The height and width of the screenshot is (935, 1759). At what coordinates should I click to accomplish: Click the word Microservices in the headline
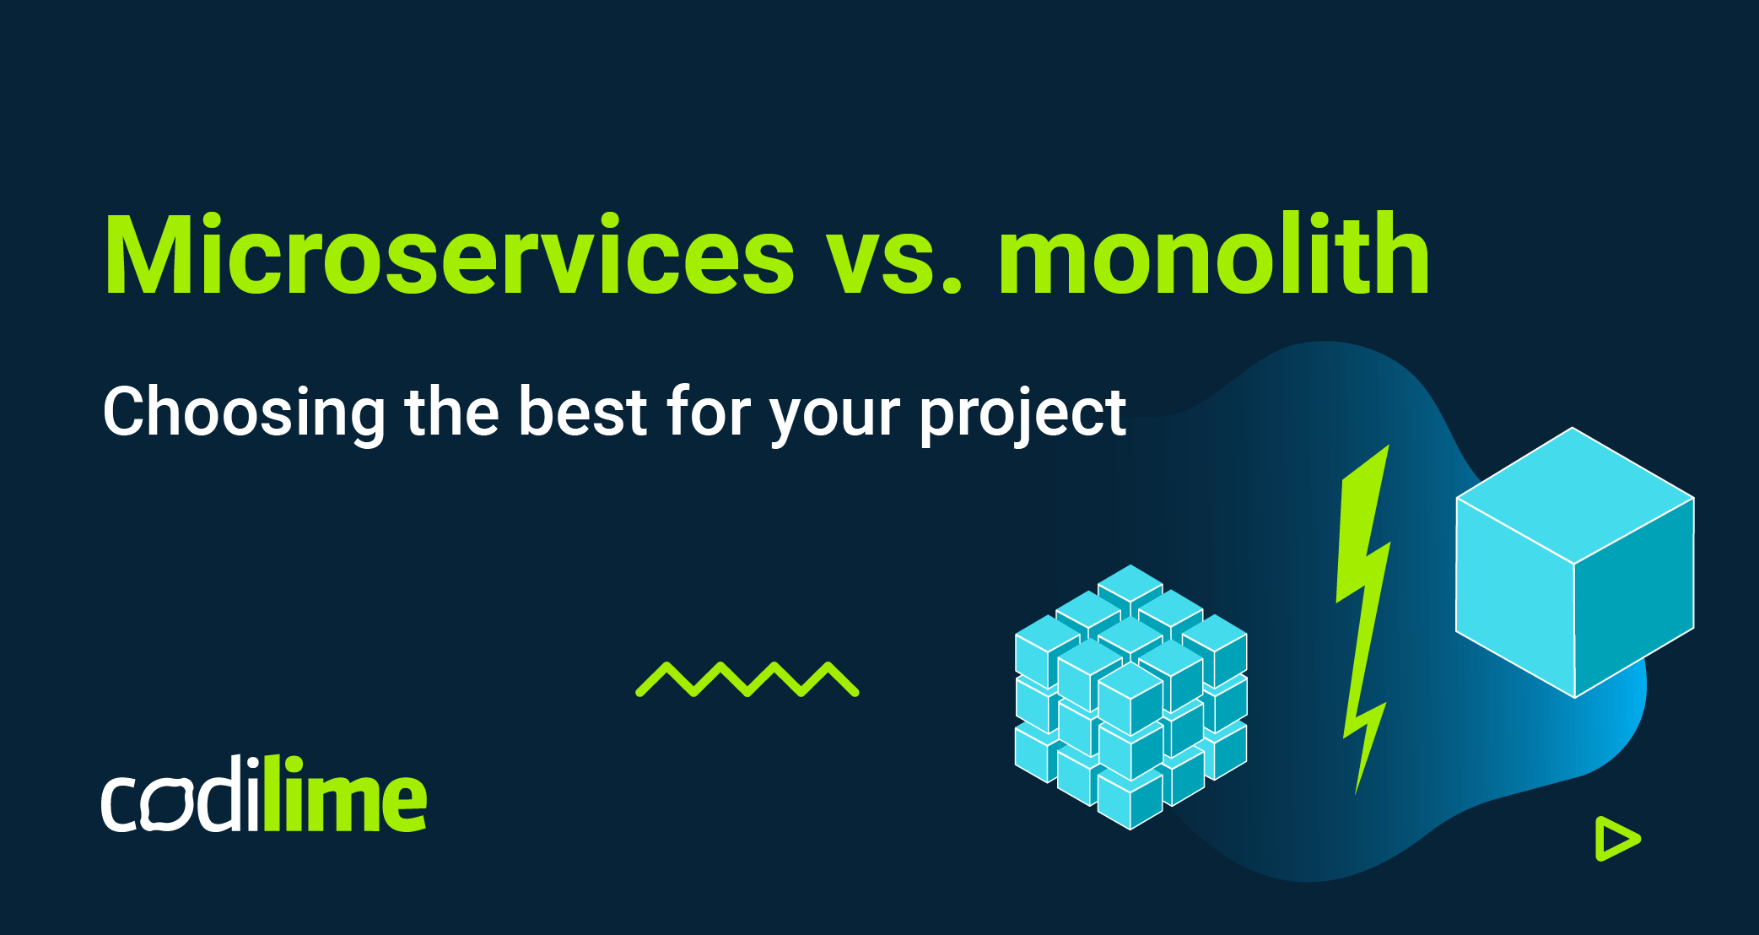[449, 256]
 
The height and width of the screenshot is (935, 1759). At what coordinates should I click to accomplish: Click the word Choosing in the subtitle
[244, 413]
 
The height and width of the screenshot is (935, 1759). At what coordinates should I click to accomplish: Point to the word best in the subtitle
[583, 411]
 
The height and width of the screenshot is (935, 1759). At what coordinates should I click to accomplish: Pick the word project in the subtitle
[1022, 416]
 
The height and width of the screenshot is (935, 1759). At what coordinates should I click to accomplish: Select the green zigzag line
[747, 679]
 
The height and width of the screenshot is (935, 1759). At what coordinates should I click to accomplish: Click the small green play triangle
[1615, 839]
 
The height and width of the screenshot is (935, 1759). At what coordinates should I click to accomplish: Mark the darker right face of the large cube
[1633, 597]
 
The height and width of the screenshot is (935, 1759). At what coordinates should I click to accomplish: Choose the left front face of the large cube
[1515, 597]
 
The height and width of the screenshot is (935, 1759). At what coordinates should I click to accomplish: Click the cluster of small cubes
[1130, 697]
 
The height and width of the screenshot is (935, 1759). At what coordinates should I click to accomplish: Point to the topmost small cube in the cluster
[1130, 582]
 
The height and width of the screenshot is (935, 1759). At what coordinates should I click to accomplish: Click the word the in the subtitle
[452, 411]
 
